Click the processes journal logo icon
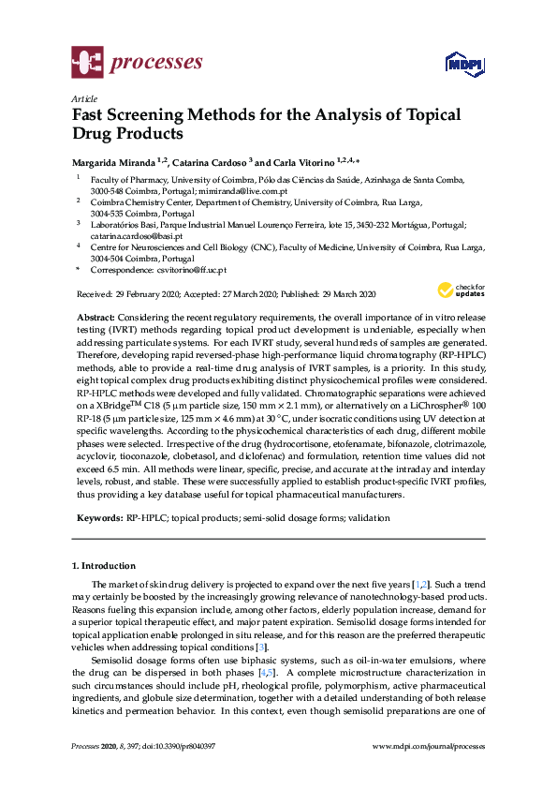pyautogui.click(x=86, y=64)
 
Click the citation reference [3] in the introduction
pyautogui.click(x=263, y=647)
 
